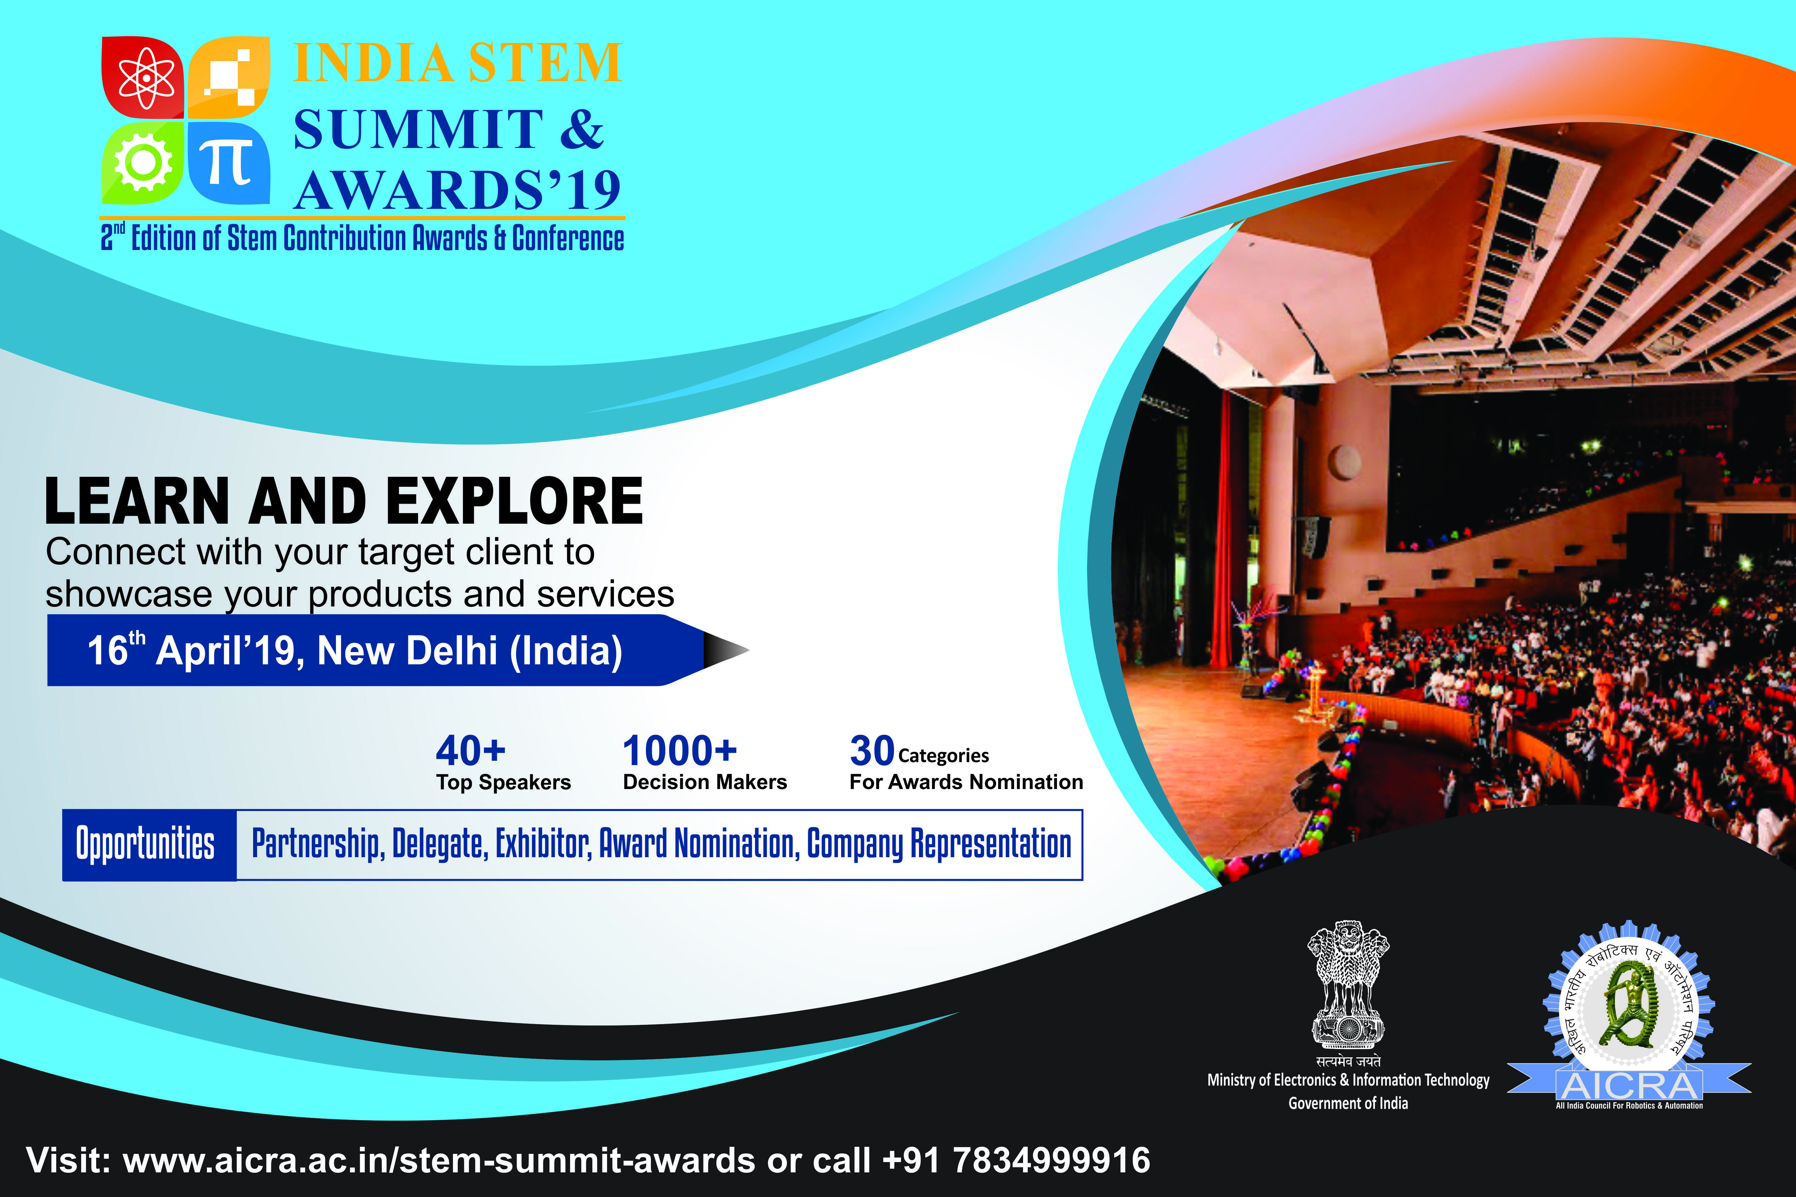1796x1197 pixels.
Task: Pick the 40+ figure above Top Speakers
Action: point(470,750)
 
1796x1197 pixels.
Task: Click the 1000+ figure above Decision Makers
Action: point(679,750)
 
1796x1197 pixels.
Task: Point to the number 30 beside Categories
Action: point(872,750)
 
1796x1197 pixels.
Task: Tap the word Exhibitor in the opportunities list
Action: point(543,844)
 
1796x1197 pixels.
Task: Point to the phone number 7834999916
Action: point(1051,1160)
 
